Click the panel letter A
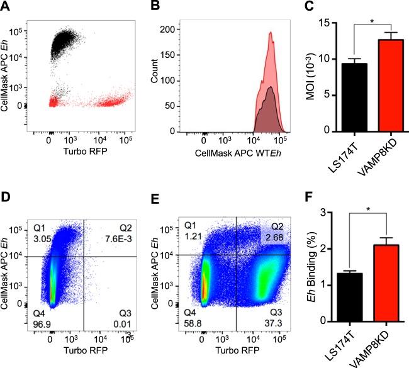point(6,6)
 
